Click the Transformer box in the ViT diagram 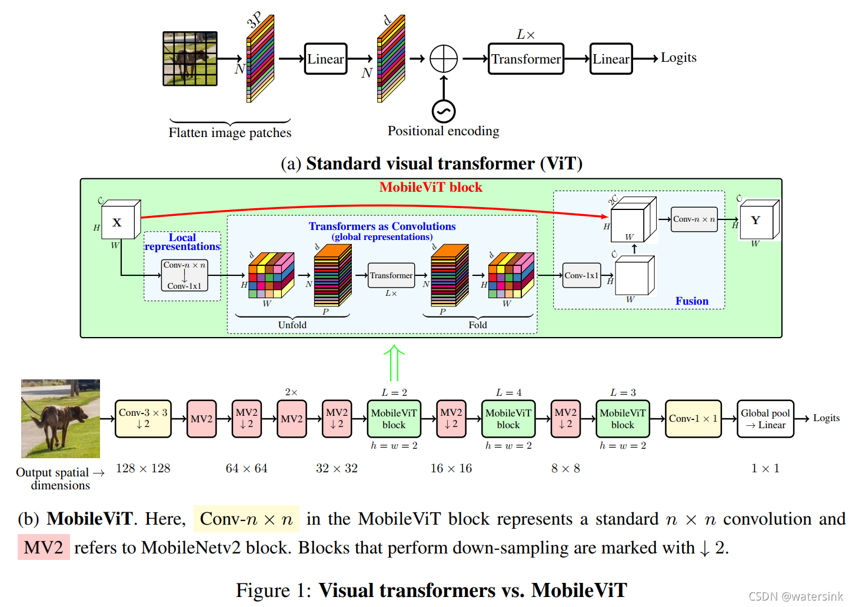click(525, 59)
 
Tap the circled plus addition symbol click(444, 59)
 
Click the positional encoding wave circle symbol click(444, 111)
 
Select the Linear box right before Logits click(611, 59)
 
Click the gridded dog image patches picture click(190, 59)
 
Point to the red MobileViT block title click(431, 187)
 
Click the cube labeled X click(119, 222)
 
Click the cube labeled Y click(757, 220)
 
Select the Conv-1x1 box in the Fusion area click(581, 275)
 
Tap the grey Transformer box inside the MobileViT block click(391, 275)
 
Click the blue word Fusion click(692, 301)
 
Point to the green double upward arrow click(394, 362)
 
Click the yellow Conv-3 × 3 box click(143, 418)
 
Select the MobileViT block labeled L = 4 click(508, 418)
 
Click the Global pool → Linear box click(765, 418)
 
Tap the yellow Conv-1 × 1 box click(693, 418)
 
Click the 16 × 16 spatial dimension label click(451, 468)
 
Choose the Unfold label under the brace click(292, 325)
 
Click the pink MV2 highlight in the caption click(44, 548)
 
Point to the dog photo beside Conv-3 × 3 click(61, 418)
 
